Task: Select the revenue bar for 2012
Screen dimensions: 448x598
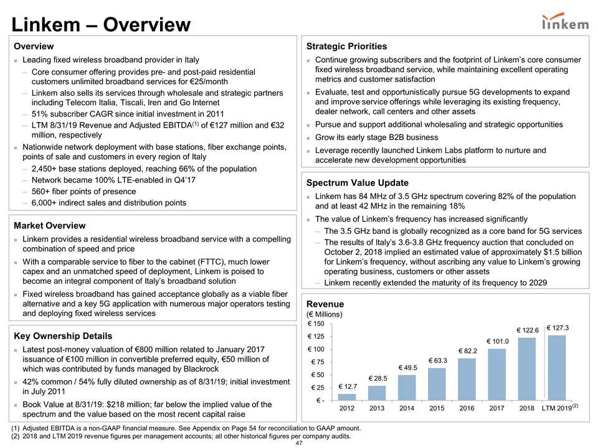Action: [x=347, y=397]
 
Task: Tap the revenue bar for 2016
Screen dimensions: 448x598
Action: [x=467, y=379]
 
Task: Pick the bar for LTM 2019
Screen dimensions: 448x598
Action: [x=557, y=368]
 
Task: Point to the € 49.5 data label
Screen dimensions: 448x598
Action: [x=407, y=368]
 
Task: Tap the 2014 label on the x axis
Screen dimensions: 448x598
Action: [x=407, y=409]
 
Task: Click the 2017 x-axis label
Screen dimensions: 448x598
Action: [x=497, y=409]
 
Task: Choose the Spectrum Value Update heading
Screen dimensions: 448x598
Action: [x=357, y=183]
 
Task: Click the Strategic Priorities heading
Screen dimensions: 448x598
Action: [x=346, y=46]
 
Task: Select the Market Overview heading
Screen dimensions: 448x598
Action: [x=50, y=225]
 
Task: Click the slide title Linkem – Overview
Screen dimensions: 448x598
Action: [x=97, y=25]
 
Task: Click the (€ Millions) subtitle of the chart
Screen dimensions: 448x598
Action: [x=325, y=314]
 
